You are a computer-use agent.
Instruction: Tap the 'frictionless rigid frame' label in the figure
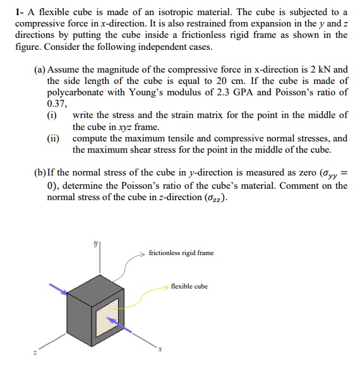(181, 253)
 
